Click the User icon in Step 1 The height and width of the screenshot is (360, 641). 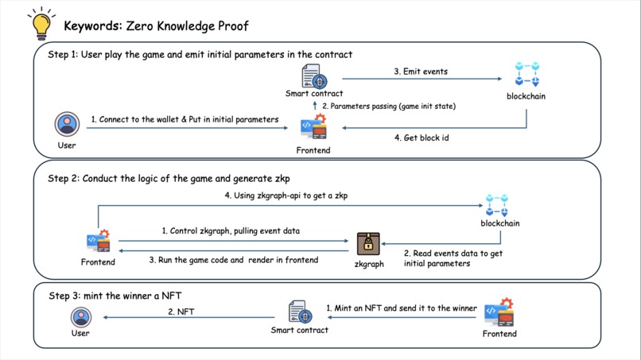[x=67, y=124]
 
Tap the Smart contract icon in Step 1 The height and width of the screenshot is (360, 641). [x=314, y=76]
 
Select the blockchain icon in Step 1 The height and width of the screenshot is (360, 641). [x=527, y=74]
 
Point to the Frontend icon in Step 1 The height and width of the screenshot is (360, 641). [x=313, y=126]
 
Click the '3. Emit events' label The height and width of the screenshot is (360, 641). [x=421, y=72]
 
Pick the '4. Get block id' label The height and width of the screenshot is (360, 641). [x=422, y=137]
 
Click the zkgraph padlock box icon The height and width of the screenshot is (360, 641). [x=368, y=244]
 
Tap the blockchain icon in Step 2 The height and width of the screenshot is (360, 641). [x=497, y=205]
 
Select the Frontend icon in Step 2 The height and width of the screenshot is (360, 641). [x=98, y=241]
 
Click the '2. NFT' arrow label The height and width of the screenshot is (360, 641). [x=181, y=312]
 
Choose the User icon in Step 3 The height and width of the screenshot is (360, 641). [x=81, y=317]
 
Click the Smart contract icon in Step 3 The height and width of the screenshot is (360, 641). [x=300, y=312]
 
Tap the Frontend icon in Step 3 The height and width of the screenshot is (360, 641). [x=499, y=312]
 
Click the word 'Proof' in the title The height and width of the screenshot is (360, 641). [x=233, y=26]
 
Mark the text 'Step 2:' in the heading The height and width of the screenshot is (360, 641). [x=63, y=179]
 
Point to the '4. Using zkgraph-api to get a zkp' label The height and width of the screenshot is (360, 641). [x=286, y=195]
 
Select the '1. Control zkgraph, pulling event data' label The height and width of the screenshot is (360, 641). [x=231, y=231]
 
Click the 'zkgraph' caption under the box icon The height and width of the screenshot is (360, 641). [x=369, y=265]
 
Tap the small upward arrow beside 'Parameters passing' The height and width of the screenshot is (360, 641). [x=315, y=106]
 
